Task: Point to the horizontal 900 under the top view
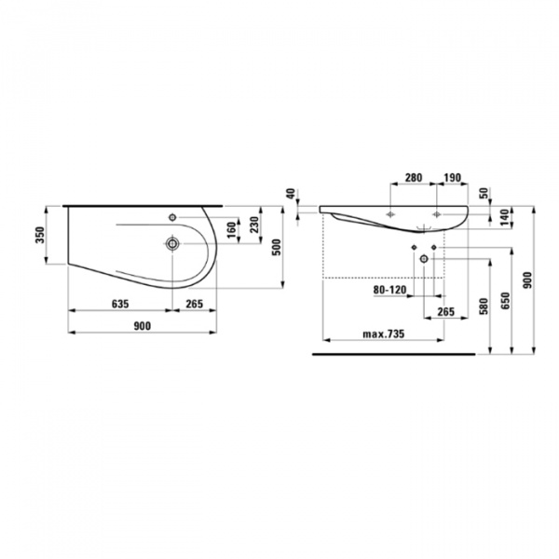click(x=143, y=326)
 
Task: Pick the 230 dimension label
click(x=252, y=225)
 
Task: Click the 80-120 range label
click(x=389, y=291)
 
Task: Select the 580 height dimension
click(x=483, y=306)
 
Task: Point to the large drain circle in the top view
click(x=172, y=245)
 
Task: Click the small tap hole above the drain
click(x=172, y=217)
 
